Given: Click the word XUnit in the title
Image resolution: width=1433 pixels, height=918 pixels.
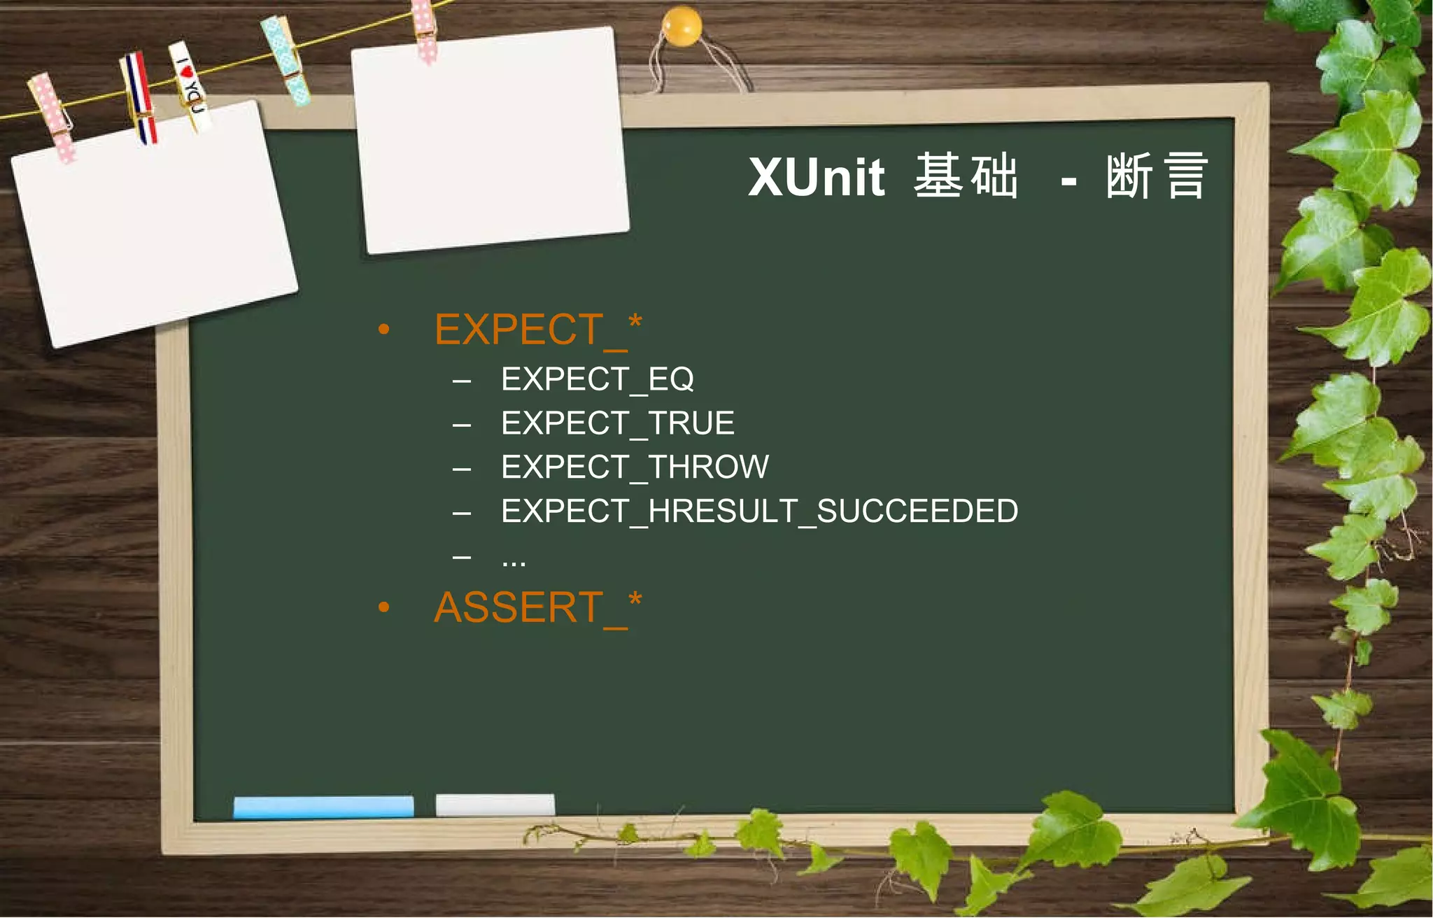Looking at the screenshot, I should [x=816, y=177].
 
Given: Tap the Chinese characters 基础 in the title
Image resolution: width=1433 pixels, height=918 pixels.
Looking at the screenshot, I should [x=966, y=176].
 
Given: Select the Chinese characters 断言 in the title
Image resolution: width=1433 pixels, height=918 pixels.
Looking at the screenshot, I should [x=1157, y=176].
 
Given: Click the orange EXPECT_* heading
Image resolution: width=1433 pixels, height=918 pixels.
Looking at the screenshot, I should [x=537, y=330].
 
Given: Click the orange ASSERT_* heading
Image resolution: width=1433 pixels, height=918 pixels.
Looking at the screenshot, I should [x=537, y=607].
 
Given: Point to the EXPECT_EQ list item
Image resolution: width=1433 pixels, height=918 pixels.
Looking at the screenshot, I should [x=597, y=380].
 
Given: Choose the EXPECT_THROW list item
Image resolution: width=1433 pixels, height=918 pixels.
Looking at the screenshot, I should [x=635, y=467].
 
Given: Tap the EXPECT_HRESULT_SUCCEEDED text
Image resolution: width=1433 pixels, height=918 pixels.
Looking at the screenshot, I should [x=759, y=511].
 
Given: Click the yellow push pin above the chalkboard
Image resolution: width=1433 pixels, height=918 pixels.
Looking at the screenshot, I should [x=681, y=27].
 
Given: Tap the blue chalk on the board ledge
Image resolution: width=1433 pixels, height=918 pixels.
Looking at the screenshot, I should [x=323, y=806].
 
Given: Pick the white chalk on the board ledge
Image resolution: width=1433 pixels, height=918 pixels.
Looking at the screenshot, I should [x=495, y=805].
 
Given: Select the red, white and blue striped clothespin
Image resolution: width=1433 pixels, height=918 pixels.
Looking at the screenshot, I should [x=139, y=97].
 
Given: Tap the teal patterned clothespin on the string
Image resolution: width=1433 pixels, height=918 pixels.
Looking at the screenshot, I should [x=285, y=60].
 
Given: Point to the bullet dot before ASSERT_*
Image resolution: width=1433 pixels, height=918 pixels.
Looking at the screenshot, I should [x=383, y=607].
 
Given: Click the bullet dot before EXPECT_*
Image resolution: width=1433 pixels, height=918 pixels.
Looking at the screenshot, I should [x=383, y=330].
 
